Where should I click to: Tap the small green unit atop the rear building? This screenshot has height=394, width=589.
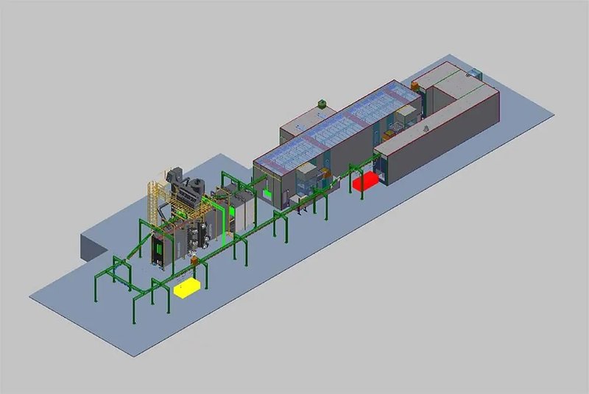click(321, 104)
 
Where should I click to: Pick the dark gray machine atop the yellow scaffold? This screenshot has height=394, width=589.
click(184, 185)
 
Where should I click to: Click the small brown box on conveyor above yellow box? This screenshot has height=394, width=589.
click(194, 259)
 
